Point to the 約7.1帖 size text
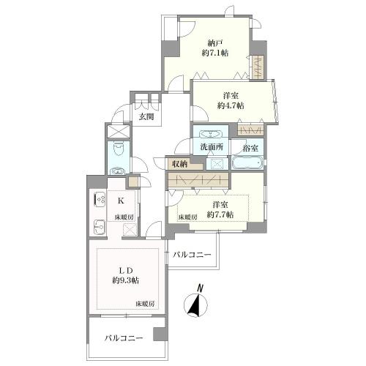(214, 53)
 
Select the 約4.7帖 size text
(231, 105)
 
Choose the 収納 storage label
(179, 164)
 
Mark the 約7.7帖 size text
(220, 215)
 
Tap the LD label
(123, 269)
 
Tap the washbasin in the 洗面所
(212, 135)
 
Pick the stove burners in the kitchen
(100, 200)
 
